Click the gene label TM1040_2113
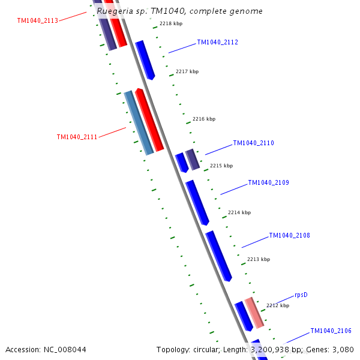click(38, 20)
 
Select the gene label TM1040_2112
click(217, 43)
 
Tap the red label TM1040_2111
click(77, 137)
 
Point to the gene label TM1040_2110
click(253, 143)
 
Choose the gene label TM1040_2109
click(268, 182)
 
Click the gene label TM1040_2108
click(289, 236)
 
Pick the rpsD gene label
click(301, 295)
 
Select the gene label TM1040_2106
click(331, 331)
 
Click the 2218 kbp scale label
click(171, 24)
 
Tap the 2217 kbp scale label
click(187, 72)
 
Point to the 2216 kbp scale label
click(204, 119)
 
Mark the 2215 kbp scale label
click(221, 166)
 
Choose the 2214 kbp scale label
click(239, 213)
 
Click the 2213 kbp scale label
click(259, 260)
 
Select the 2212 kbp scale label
click(278, 305)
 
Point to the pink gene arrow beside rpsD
click(254, 312)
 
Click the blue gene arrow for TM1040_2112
click(145, 60)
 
